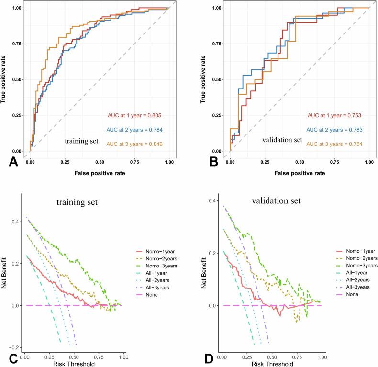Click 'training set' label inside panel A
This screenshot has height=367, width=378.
click(82, 141)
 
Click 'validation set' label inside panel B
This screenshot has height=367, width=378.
click(282, 140)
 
